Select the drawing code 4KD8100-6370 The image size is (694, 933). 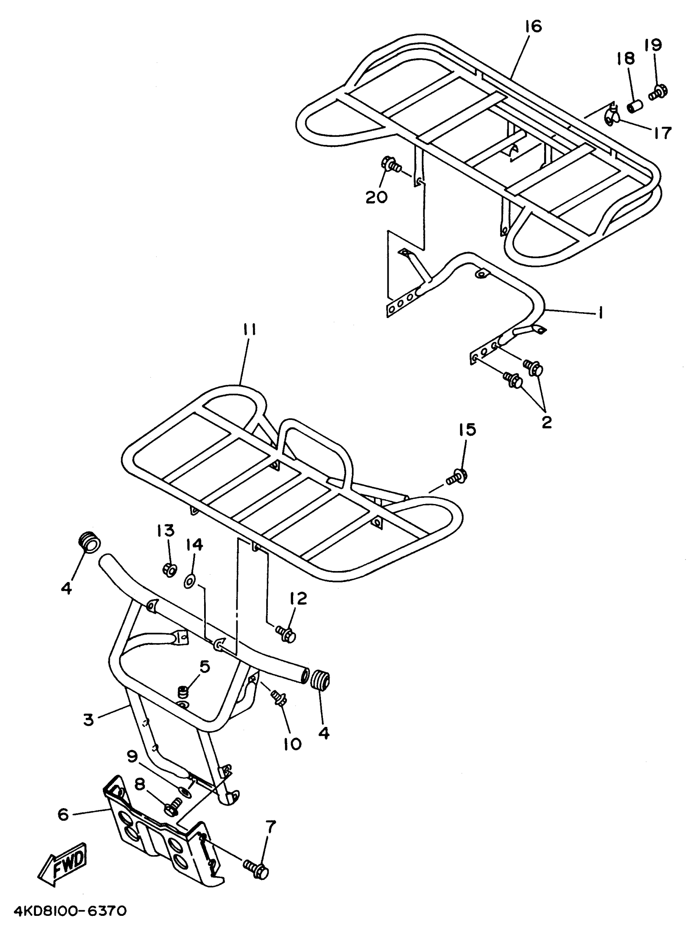(70, 912)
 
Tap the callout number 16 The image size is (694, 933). (533, 27)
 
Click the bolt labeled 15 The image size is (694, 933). (458, 477)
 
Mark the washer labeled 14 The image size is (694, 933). (189, 582)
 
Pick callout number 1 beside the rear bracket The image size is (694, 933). (601, 313)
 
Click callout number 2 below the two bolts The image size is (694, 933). (546, 422)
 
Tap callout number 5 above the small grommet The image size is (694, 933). (205, 666)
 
